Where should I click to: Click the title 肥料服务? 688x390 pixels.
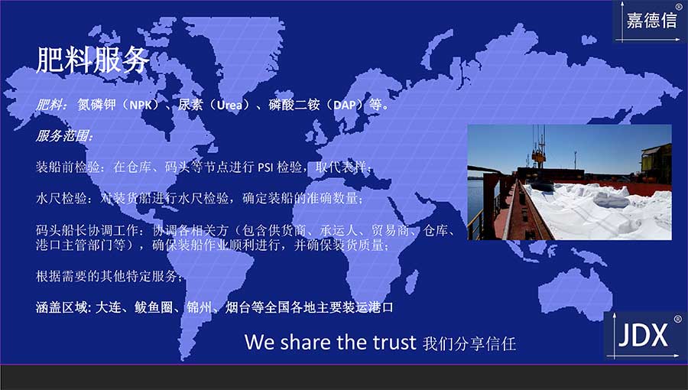point(92,60)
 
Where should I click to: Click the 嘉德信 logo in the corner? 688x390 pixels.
point(651,21)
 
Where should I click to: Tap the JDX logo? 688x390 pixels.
point(644,336)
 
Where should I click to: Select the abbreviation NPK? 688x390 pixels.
point(141,106)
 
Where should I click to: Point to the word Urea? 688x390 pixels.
point(229,106)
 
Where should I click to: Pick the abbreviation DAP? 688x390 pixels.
point(345,106)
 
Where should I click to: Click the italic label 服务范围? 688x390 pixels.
point(64,135)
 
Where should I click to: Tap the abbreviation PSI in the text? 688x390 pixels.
point(265,167)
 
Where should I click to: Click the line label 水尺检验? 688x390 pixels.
point(61,198)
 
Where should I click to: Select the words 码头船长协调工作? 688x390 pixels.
point(87,230)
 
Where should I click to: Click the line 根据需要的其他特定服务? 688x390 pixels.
point(107,276)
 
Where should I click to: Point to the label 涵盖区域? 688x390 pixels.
point(62,307)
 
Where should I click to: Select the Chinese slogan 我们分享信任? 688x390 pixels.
point(469,343)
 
